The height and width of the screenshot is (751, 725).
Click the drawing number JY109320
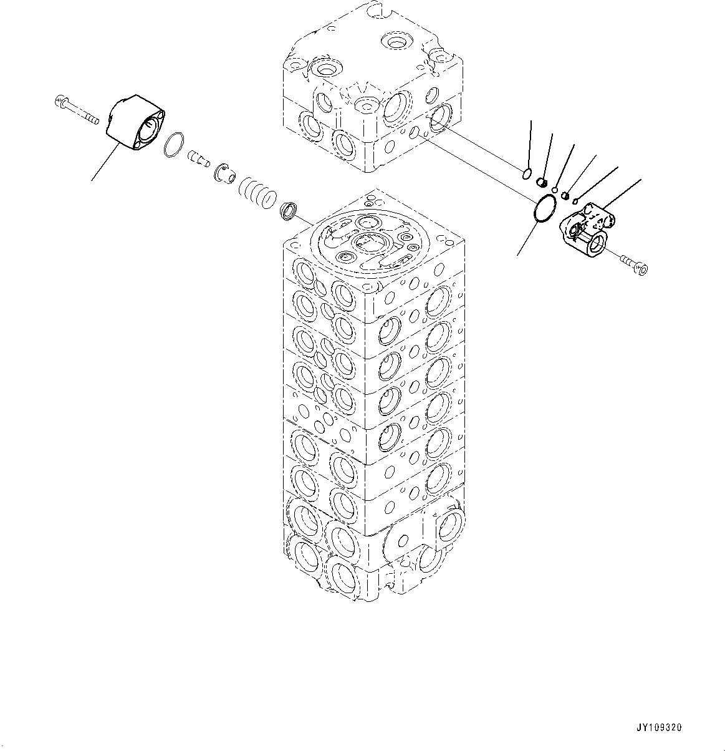tap(659, 728)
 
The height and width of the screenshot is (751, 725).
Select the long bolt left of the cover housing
tap(75, 110)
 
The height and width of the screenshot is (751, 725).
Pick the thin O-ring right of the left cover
tap(174, 145)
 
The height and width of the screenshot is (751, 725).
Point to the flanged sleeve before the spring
tap(224, 173)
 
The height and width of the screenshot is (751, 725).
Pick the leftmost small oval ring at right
tap(527, 174)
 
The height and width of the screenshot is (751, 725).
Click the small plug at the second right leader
tap(542, 182)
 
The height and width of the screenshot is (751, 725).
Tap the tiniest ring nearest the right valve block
tap(575, 201)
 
